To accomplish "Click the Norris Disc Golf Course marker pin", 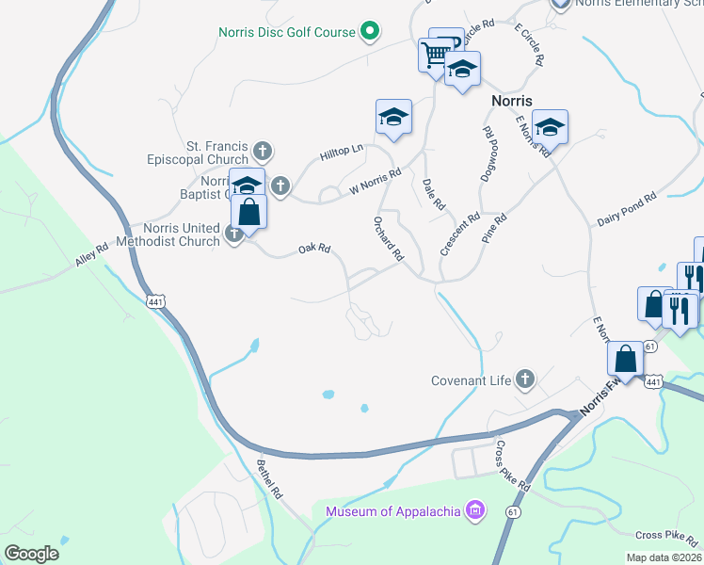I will (370, 32).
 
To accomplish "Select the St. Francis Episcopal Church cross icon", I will (264, 150).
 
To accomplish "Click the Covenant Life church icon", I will (525, 379).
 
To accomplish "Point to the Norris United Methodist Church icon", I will (234, 235).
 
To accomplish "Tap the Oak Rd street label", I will (314, 249).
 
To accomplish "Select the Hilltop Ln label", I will (341, 152).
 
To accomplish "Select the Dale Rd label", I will (434, 194).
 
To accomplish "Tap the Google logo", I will (32, 553).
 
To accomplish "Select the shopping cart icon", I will (433, 55).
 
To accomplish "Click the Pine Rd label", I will (495, 229).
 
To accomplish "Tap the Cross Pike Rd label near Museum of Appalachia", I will (514, 467).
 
